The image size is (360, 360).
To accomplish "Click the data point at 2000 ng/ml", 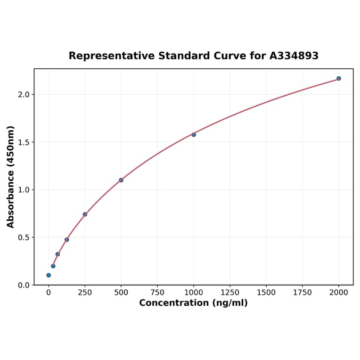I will pyautogui.click(x=339, y=78).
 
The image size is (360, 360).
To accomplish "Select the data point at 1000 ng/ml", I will pyautogui.click(x=194, y=135).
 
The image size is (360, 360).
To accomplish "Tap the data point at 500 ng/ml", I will pyautogui.click(x=121, y=180).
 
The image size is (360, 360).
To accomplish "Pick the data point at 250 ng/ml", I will pyautogui.click(x=85, y=214).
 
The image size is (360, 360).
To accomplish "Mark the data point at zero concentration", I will pyautogui.click(x=49, y=275).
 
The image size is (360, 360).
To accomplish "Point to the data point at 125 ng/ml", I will pyautogui.click(x=67, y=240).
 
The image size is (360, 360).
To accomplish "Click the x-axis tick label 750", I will pyautogui.click(x=157, y=293).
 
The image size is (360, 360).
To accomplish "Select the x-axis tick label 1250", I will pyautogui.click(x=230, y=293).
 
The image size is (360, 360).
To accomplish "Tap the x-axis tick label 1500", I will pyautogui.click(x=266, y=293).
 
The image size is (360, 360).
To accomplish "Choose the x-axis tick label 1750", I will pyautogui.click(x=303, y=293).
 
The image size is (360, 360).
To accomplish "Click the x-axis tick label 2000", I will pyautogui.click(x=339, y=293).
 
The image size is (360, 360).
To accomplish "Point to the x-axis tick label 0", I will pyautogui.click(x=49, y=293).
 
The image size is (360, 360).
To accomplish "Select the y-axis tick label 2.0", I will pyautogui.click(x=24, y=95).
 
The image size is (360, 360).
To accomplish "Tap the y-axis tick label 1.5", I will pyautogui.click(x=24, y=142).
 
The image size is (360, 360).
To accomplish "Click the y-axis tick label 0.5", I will pyautogui.click(x=24, y=237).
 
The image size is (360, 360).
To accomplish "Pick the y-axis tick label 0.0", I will pyautogui.click(x=24, y=285).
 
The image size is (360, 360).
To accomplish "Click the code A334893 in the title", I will pyautogui.click(x=294, y=56).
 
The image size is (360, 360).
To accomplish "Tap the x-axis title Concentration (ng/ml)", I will pyautogui.click(x=193, y=303).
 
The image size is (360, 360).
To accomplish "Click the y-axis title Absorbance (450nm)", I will pyautogui.click(x=11, y=177).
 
